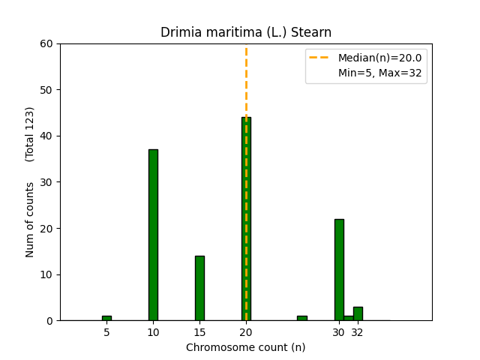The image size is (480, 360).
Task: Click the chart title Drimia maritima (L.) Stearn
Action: tap(246, 32)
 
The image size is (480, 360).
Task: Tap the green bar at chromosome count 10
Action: tap(153, 235)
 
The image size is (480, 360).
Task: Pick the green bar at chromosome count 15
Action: tap(199, 288)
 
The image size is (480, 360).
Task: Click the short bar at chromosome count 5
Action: tap(106, 318)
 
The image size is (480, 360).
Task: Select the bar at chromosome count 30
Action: tap(339, 270)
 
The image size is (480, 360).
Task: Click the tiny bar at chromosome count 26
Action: tap(301, 318)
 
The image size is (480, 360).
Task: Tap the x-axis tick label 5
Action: tap(106, 332)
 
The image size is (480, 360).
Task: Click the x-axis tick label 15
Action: tap(199, 332)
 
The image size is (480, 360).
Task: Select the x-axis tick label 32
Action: tap(358, 332)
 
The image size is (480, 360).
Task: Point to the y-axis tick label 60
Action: tap(47, 43)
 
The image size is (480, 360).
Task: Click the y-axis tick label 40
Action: tap(47, 136)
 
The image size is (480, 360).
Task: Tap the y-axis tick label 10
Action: tap(47, 274)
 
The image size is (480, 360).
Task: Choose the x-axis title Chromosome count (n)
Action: tap(246, 347)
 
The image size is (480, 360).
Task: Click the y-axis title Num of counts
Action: tap(30, 219)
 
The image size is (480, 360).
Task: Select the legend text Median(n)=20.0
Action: tap(379, 58)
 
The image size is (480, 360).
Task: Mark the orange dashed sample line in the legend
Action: tap(321, 58)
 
